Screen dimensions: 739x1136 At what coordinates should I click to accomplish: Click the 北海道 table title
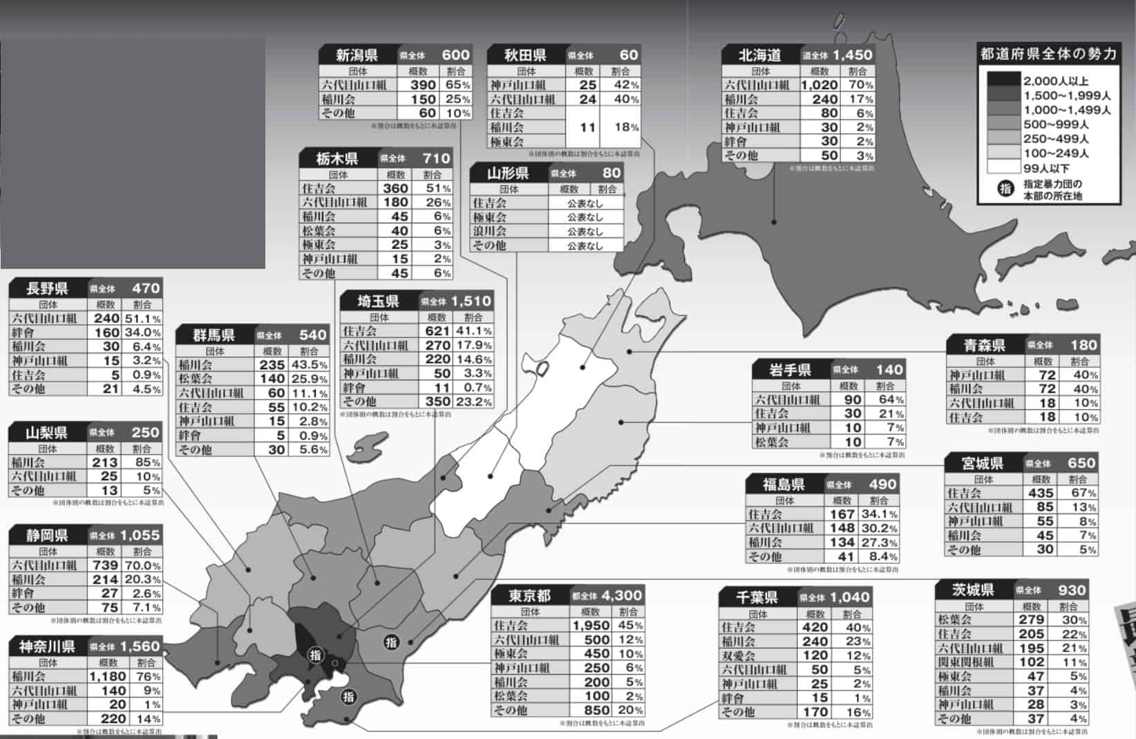tap(759, 55)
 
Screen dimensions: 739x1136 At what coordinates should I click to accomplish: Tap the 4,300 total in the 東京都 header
tap(621, 595)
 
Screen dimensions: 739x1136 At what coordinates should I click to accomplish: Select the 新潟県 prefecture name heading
tap(357, 55)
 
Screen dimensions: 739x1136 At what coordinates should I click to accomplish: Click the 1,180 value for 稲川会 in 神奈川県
tap(108, 676)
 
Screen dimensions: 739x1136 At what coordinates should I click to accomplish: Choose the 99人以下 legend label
tap(1046, 168)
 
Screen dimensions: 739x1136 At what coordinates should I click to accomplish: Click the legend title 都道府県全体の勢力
tap(1048, 54)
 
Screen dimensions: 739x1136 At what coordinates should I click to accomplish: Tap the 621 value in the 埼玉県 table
tap(438, 331)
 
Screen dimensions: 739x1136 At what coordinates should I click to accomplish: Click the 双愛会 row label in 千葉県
tap(739, 655)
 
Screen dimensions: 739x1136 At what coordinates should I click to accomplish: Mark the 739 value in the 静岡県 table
tap(105, 565)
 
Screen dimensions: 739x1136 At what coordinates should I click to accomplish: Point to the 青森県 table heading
tap(985, 344)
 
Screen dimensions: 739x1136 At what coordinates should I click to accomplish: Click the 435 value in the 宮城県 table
tap(1040, 493)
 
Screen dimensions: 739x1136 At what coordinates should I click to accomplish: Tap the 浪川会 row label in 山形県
tap(489, 231)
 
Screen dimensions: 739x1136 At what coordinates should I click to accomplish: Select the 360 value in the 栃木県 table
tap(395, 188)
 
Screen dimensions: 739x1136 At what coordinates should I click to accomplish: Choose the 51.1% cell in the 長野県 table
tap(142, 319)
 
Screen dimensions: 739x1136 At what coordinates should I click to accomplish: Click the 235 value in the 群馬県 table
tap(272, 365)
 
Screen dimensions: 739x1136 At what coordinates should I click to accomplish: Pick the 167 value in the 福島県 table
tap(842, 514)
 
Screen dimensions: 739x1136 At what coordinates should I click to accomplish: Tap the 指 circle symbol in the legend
tap(1005, 189)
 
